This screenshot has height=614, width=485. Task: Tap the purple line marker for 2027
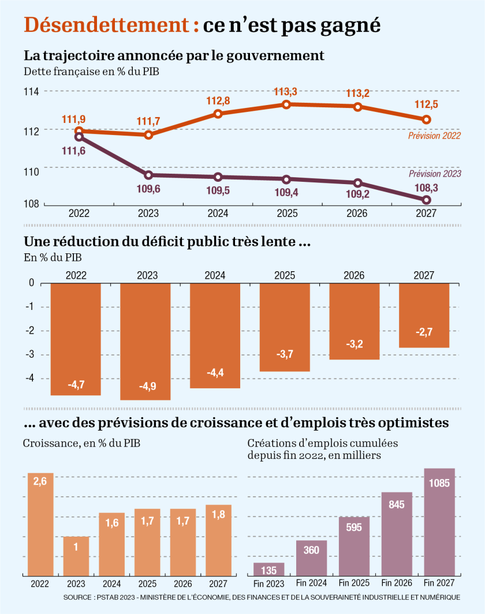[x=427, y=200]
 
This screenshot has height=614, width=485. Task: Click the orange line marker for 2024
[x=218, y=114]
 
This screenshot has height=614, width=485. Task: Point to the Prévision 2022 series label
[x=434, y=136]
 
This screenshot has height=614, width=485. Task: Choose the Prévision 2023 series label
[x=435, y=173]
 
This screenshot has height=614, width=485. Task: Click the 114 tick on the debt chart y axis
[x=31, y=92]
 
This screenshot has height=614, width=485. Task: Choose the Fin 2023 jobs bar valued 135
[x=269, y=569]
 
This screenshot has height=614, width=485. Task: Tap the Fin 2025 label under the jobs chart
[x=354, y=583]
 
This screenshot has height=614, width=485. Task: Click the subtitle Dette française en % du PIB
[x=91, y=72]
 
